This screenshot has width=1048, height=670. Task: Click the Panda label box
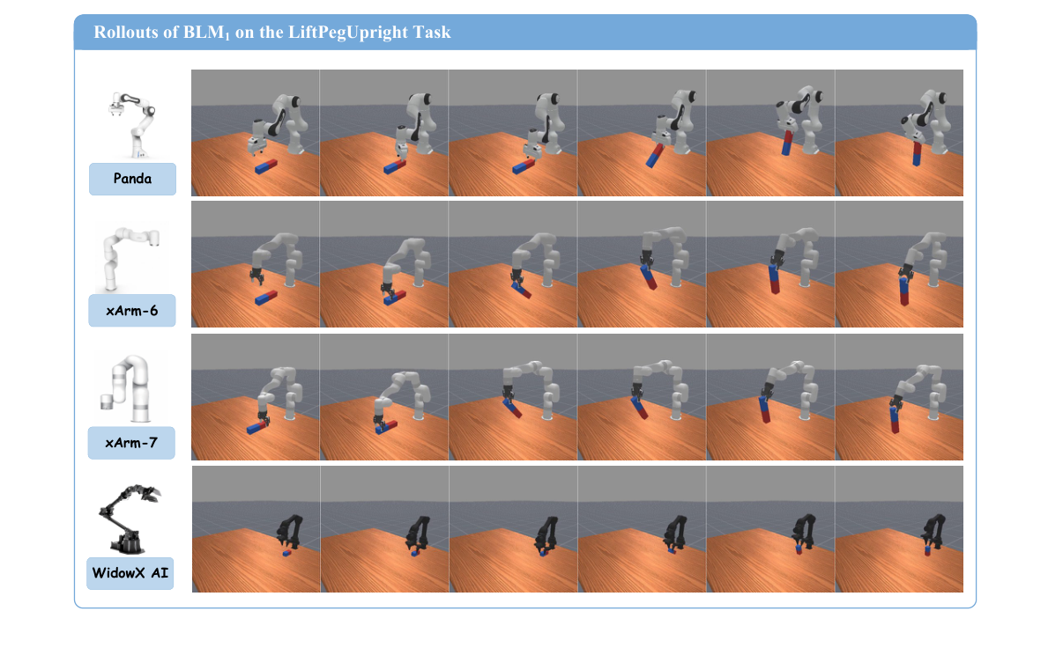[132, 179]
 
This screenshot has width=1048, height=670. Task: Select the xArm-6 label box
[132, 311]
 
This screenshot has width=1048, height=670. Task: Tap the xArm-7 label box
[131, 443]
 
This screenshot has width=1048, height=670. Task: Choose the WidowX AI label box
[130, 574]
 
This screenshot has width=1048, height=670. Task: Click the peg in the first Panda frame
[267, 166]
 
